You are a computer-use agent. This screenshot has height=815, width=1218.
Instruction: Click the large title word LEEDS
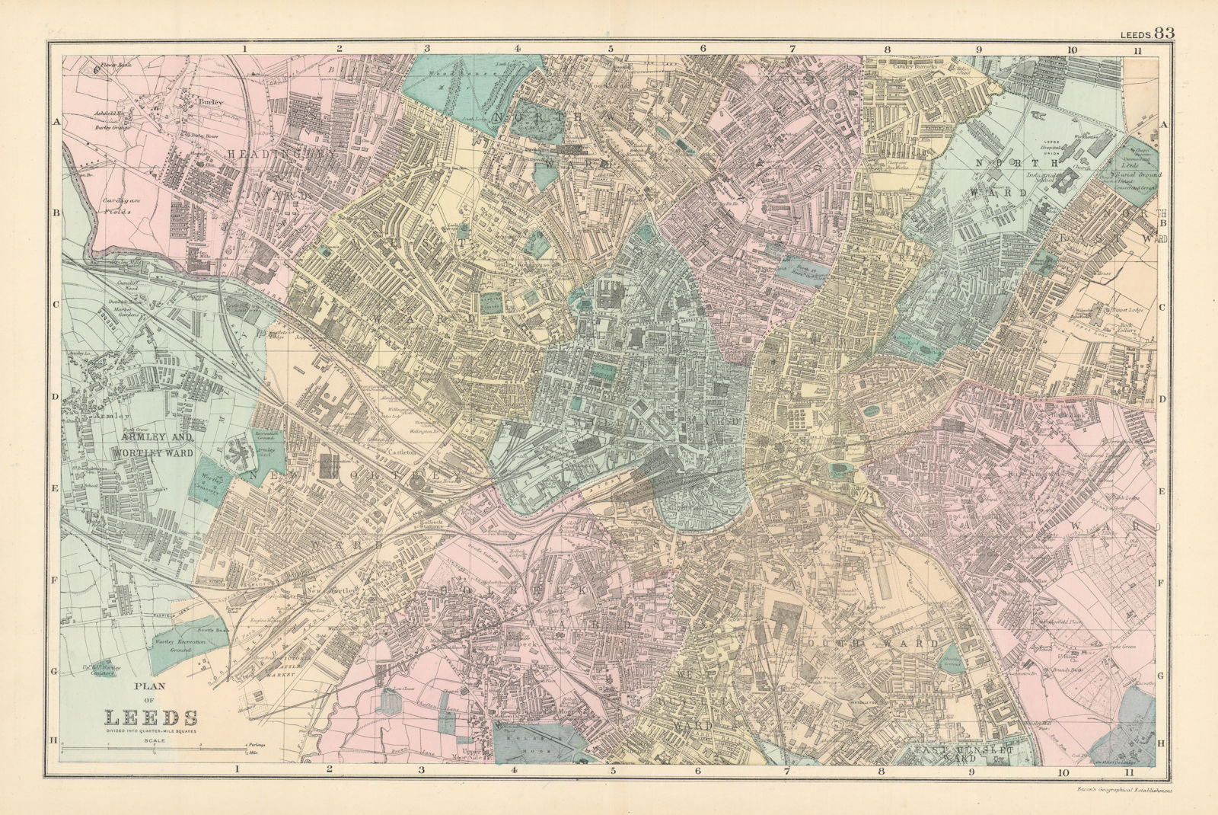[x=151, y=718]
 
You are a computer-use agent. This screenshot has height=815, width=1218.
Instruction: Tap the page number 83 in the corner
[x=1164, y=33]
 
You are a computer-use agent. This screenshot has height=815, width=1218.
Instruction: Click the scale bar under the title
[x=152, y=752]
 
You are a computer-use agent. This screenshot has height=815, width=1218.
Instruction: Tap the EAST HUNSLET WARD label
[x=964, y=754]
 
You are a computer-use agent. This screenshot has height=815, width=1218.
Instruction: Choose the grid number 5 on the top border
[x=611, y=49]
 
